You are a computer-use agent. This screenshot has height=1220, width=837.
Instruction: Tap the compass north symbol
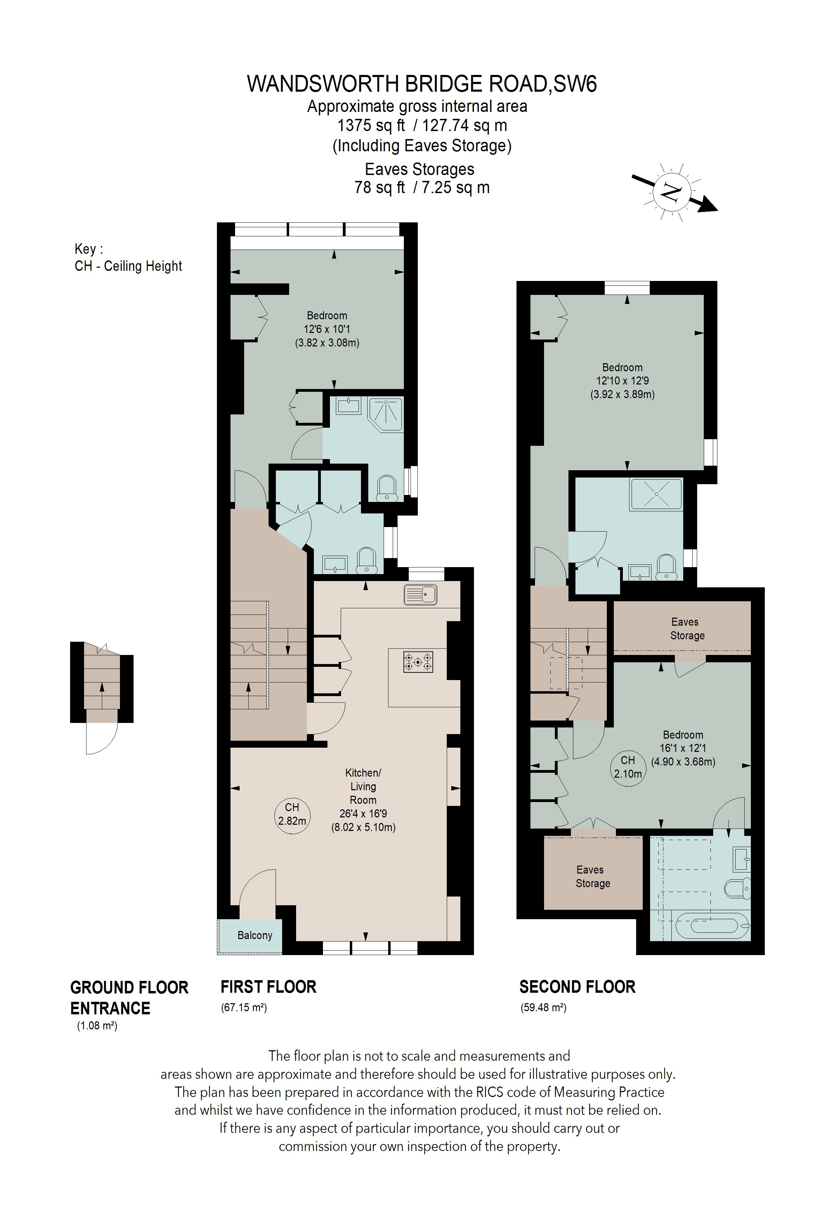[x=671, y=192]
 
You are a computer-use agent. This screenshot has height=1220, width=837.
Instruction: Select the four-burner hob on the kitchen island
[x=418, y=662]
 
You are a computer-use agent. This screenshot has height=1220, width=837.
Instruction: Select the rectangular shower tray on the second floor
[x=656, y=494]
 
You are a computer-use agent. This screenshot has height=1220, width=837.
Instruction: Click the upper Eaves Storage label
[x=685, y=628]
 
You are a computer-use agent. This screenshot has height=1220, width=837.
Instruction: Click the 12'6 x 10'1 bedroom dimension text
[x=327, y=329]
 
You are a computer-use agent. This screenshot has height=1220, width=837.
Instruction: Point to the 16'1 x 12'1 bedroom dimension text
[x=683, y=748]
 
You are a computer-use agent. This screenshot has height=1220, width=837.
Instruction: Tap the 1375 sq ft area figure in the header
[x=371, y=125]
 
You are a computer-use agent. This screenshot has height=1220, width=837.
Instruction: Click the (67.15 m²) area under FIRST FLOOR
[x=244, y=1007]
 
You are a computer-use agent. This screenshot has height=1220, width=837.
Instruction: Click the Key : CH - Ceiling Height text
[x=128, y=257]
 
